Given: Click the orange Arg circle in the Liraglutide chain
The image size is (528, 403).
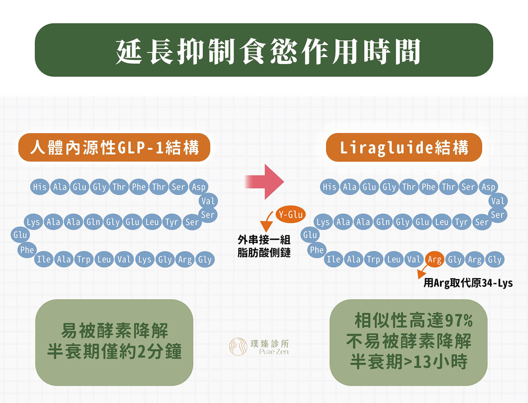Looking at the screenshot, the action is point(434,259).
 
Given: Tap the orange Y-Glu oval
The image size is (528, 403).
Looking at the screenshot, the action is point(290,214).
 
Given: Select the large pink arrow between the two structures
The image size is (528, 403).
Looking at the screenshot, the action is point(264,182).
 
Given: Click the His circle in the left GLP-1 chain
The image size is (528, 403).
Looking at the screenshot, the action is point(40,187).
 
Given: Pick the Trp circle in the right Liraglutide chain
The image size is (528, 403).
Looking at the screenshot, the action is point(374,259).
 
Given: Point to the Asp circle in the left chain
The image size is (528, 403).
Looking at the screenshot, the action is point(198,187).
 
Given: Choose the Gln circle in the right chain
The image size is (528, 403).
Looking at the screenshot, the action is point(383,222).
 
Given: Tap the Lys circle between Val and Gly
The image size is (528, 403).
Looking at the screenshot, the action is point(144,259).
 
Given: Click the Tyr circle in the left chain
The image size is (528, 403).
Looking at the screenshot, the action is point(172,222).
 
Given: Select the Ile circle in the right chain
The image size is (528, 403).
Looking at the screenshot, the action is point(333,259).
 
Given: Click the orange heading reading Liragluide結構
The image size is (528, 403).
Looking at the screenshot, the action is point(404,147).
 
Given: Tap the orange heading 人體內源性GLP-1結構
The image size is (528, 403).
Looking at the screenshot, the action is point(114,147).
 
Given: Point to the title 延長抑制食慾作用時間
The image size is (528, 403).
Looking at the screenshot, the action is point(268,51).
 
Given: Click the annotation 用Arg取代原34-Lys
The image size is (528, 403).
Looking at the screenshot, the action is point(468,283).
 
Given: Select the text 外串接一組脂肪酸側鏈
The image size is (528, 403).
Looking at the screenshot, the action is point(264,246).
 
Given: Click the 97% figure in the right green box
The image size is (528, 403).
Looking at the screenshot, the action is point(459,320).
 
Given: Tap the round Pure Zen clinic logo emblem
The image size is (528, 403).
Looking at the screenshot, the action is point(238,346).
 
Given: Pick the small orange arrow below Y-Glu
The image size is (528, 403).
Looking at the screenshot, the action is point(267,221).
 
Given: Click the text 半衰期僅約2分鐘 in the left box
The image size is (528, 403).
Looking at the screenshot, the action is point(114,352).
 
